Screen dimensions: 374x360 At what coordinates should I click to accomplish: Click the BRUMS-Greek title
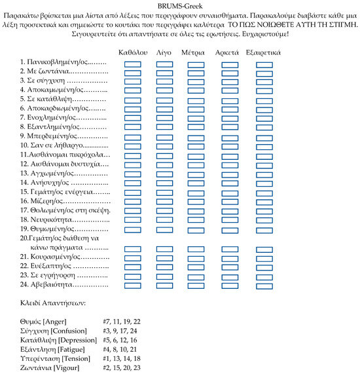pos(179,6)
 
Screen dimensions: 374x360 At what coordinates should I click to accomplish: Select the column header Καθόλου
pos(132,51)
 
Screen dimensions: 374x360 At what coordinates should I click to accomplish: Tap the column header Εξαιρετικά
pos(264,51)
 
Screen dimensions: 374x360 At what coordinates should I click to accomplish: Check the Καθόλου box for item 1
pos(132,64)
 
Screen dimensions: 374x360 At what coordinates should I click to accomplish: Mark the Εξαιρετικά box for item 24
pos(264,286)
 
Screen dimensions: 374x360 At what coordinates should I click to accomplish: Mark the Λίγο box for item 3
pos(164,82)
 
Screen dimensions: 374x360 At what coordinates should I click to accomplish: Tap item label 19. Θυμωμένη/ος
pos(55,229)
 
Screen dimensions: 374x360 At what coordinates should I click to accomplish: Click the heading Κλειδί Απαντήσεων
pos(53,305)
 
